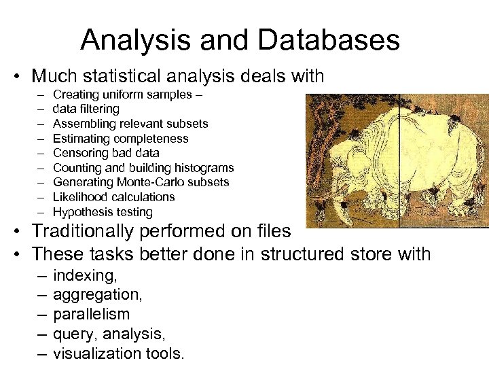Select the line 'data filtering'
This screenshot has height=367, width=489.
point(86,109)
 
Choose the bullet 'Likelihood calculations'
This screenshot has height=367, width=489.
point(113,197)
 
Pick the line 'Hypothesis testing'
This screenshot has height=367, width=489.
point(103,212)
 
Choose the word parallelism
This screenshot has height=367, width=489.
point(91,315)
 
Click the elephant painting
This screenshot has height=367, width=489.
point(397,160)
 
